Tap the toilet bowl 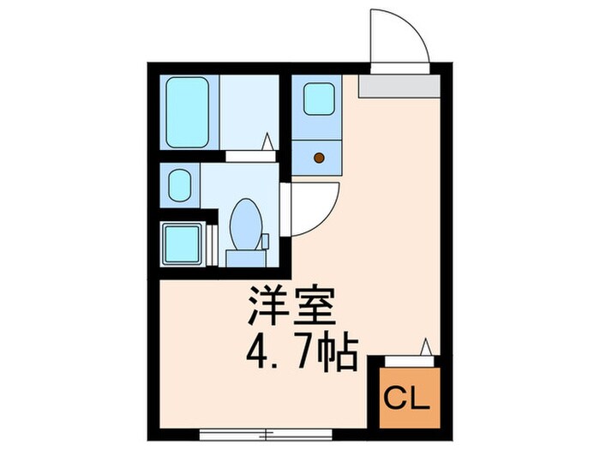(x=246, y=220)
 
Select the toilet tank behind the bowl (x=245, y=255)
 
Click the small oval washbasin (x=180, y=185)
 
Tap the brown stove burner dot (x=319, y=157)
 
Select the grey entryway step (x=399, y=84)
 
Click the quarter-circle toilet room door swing (x=305, y=208)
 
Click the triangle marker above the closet (x=425, y=347)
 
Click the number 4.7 (x=273, y=352)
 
